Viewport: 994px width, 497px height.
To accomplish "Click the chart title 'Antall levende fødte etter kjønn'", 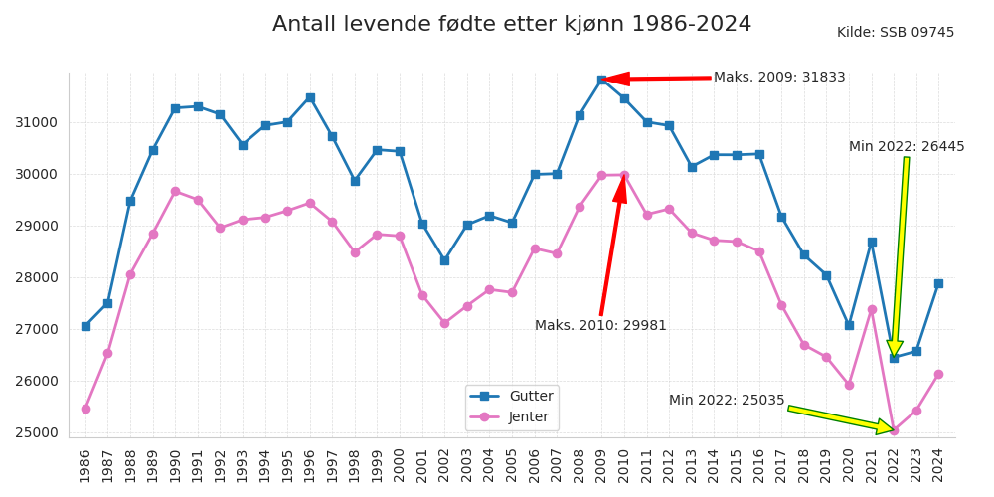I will [512, 25].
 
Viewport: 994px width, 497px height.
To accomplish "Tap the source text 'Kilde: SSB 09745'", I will [895, 33].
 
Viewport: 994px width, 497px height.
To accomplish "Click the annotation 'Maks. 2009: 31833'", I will [779, 78].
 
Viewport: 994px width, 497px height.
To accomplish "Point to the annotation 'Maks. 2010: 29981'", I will [600, 326].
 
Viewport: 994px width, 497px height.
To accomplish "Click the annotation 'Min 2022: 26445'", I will [907, 147].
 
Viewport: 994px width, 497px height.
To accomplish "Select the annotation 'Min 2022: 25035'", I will [727, 401].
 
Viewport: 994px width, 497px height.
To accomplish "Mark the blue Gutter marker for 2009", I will [601, 80].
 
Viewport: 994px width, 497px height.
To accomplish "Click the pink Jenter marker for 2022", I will [894, 430].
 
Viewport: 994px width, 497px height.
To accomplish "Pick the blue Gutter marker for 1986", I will [85, 326].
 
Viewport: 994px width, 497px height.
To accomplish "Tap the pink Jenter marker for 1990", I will [175, 191].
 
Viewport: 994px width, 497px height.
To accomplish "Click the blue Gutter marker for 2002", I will [444, 260].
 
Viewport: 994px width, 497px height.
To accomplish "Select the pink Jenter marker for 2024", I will [938, 374].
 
